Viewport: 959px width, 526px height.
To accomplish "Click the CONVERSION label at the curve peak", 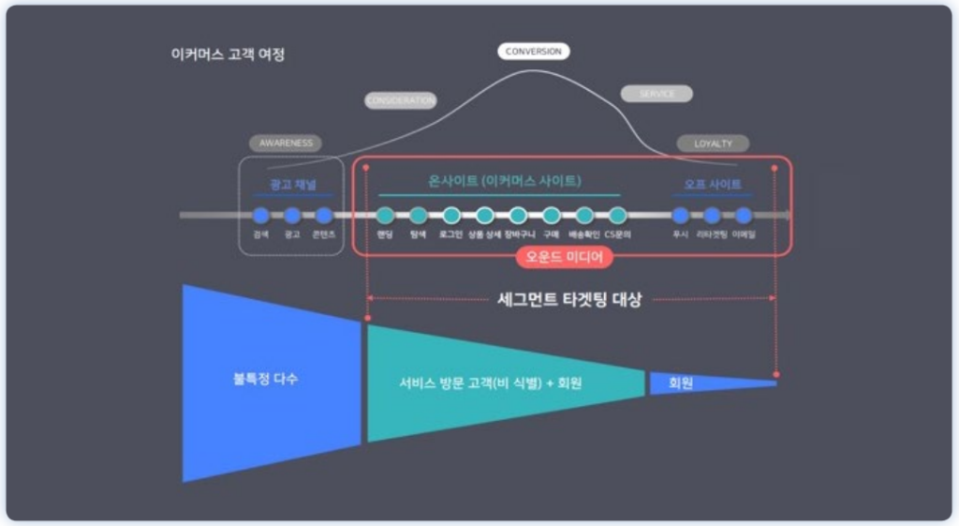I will [533, 52].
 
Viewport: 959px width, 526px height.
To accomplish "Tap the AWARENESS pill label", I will [286, 143].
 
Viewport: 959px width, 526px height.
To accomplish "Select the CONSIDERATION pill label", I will [401, 100].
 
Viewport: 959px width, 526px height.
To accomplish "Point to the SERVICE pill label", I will [657, 94].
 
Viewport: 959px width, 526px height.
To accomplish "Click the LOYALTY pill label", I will [713, 143].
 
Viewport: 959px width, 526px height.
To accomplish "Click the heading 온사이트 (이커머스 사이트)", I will [505, 180].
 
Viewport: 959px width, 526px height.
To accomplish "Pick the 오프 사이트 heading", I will [713, 185].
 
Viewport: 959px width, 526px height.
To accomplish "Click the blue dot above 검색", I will [261, 216].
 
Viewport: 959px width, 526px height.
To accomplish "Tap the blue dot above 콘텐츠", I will [324, 216].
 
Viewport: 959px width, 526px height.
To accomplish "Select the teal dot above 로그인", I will [451, 216].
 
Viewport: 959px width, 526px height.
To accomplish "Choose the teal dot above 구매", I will [552, 216].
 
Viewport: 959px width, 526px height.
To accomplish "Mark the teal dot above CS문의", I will [617, 216].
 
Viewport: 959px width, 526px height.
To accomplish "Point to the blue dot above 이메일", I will [744, 216].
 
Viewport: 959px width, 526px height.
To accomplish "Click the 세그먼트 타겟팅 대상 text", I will [569, 300].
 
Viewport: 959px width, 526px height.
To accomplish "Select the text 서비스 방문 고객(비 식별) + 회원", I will [490, 383].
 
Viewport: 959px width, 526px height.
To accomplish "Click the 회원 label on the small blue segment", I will [681, 383].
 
